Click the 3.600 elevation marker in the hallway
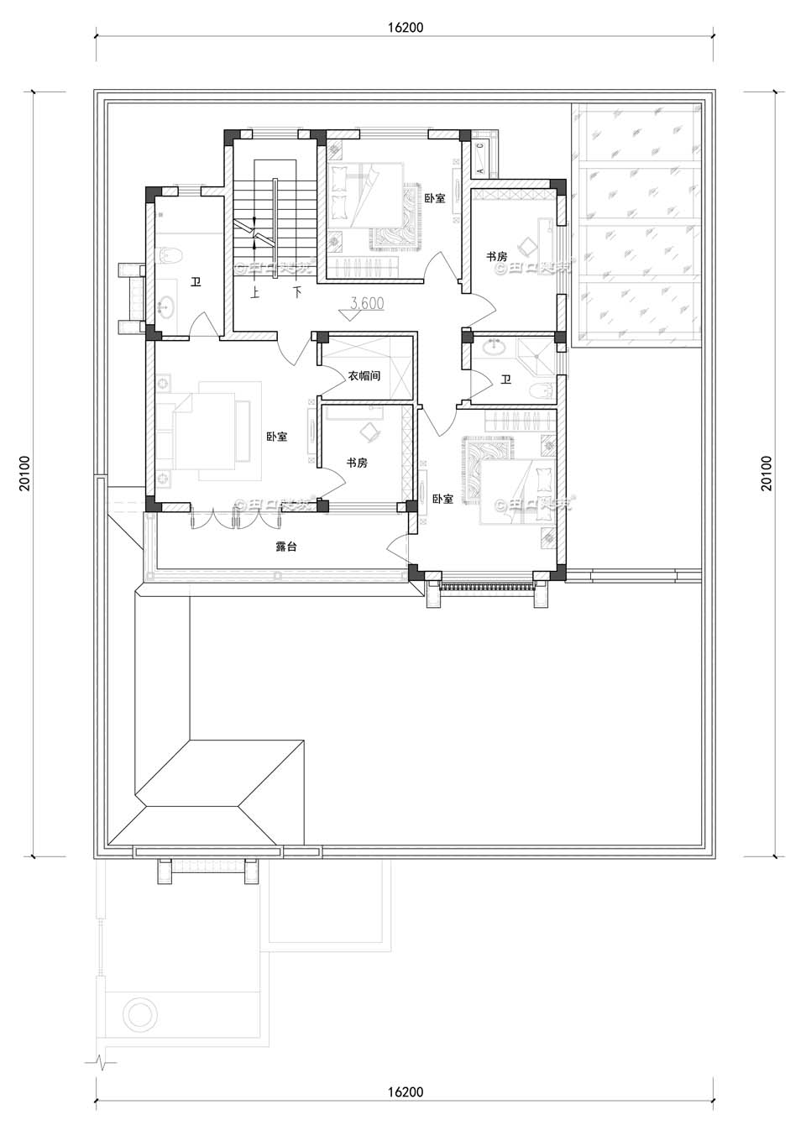point(367,304)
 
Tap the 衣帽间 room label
point(364,375)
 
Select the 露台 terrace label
point(285,547)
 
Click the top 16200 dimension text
point(406,27)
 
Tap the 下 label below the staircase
point(296,293)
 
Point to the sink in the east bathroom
point(493,348)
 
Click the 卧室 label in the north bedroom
point(434,198)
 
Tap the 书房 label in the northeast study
point(496,256)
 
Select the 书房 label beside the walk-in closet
point(357,463)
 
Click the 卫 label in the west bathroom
point(196,282)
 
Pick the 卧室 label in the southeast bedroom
point(442,499)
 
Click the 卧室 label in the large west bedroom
point(276,437)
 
